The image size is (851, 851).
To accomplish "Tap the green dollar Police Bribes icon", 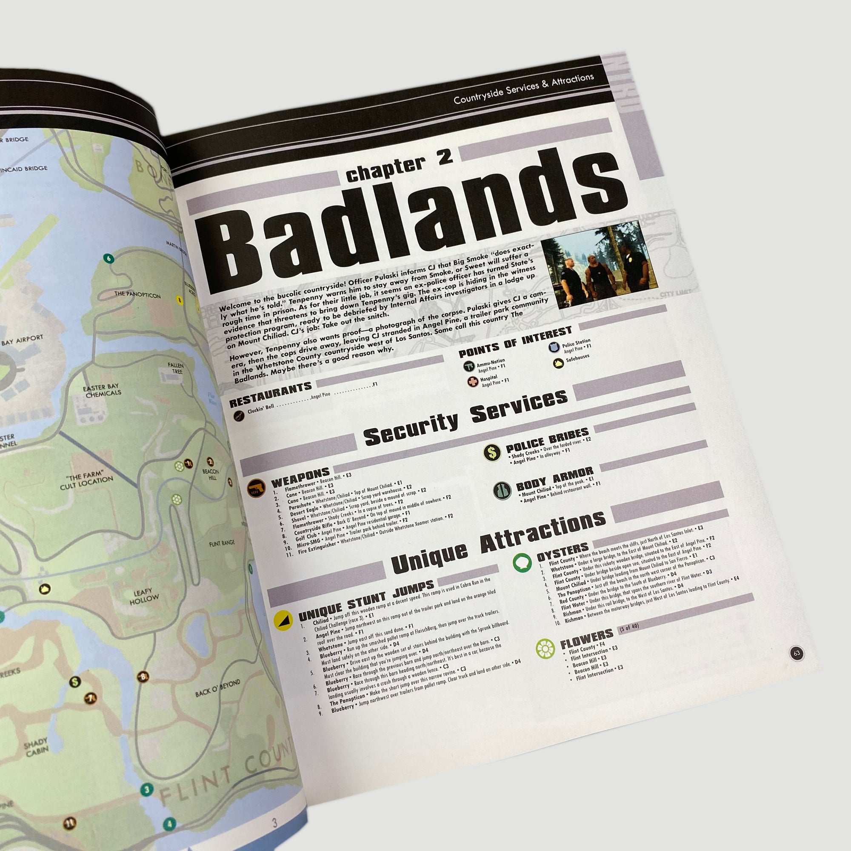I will click(492, 452).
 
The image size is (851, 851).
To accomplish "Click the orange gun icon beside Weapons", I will click(256, 488).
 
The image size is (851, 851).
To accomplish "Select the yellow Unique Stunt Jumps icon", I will click(283, 621).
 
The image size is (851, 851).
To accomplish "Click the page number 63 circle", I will click(797, 653).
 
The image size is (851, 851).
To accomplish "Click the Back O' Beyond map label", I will click(217, 688).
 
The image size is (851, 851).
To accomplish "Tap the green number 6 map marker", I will click(109, 259).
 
